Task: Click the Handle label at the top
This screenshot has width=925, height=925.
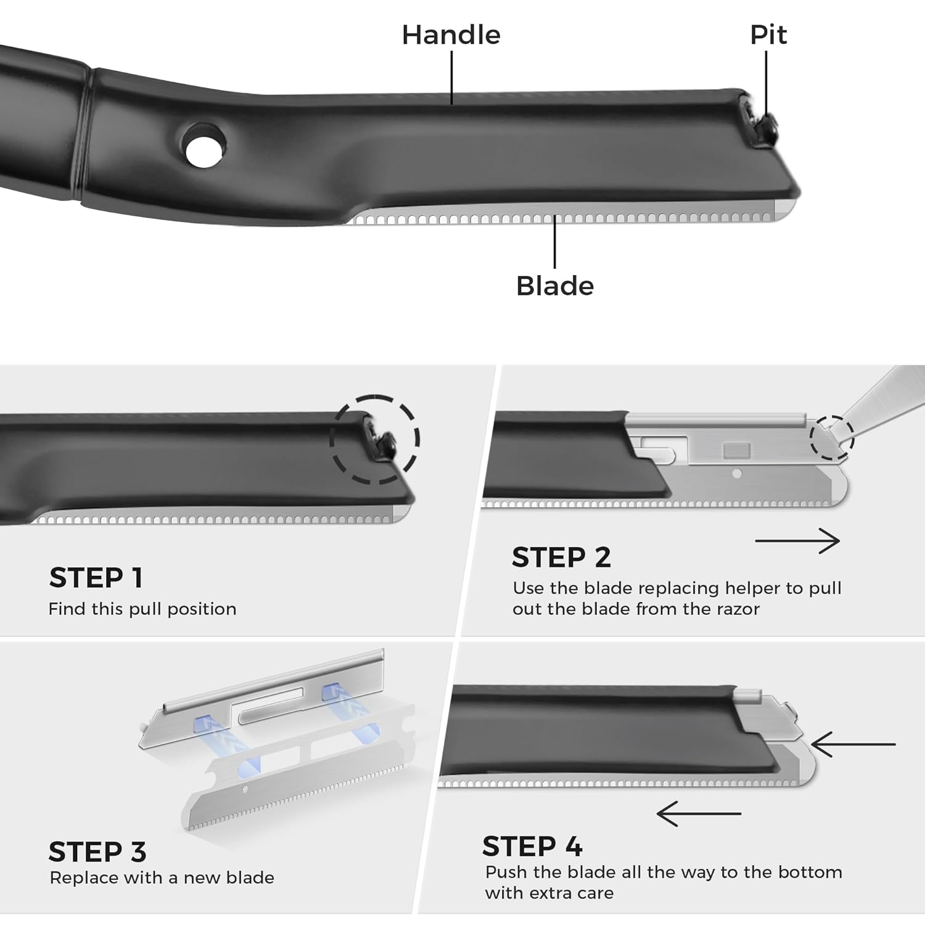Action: (x=451, y=35)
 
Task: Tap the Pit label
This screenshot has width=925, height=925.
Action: (x=768, y=35)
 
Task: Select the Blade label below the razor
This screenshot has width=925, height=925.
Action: (x=554, y=286)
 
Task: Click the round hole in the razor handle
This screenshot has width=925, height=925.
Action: (x=204, y=145)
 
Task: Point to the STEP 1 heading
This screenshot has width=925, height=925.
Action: (x=96, y=578)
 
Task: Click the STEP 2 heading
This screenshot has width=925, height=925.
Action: (x=561, y=557)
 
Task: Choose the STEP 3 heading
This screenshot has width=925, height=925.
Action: (x=97, y=852)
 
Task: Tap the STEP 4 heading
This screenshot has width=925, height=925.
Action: (x=532, y=847)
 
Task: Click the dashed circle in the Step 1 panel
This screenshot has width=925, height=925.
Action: (x=375, y=439)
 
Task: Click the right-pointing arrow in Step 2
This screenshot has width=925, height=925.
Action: (x=797, y=541)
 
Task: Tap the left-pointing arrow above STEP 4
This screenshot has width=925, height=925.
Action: (x=699, y=814)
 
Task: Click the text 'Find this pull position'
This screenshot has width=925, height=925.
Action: (x=142, y=609)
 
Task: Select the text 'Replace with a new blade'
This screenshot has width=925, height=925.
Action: (x=162, y=878)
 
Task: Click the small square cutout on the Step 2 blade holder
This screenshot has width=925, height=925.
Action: (x=736, y=450)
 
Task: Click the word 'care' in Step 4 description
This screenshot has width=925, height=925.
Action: (x=596, y=893)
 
